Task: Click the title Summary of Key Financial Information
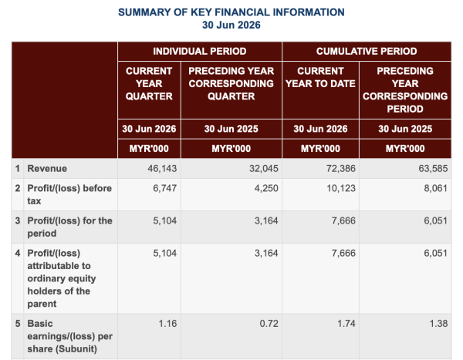click(x=231, y=12)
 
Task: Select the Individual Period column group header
click(x=200, y=52)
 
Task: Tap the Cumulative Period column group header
click(x=367, y=52)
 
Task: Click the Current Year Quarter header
click(x=149, y=84)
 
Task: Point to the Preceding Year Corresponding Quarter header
click(x=231, y=84)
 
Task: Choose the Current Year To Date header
click(x=320, y=77)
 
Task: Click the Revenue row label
click(x=47, y=169)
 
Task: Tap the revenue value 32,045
click(x=263, y=169)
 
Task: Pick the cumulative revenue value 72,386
click(x=341, y=169)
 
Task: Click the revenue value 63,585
click(x=433, y=169)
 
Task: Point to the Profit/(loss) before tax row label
click(x=69, y=194)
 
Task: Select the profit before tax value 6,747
click(x=165, y=188)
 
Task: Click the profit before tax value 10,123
click(x=341, y=188)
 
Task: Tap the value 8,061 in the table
click(x=435, y=188)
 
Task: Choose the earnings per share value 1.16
click(x=167, y=324)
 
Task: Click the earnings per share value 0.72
click(x=269, y=324)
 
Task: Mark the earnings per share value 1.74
click(x=346, y=324)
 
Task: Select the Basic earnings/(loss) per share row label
click(x=70, y=336)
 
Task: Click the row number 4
click(x=18, y=253)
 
